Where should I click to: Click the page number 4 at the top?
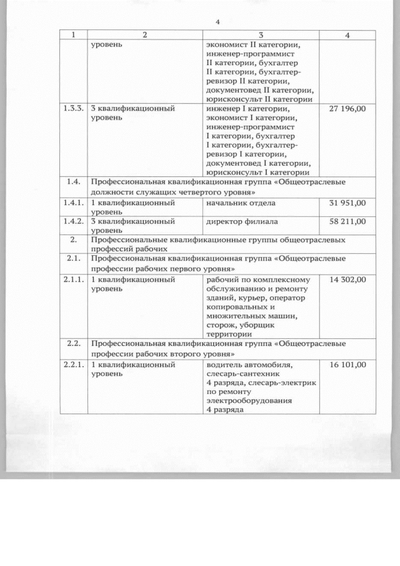pyautogui.click(x=218, y=22)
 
